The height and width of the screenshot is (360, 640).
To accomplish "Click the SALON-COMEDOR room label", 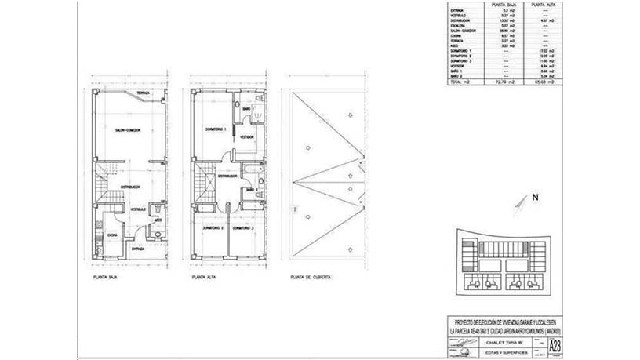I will [127, 130].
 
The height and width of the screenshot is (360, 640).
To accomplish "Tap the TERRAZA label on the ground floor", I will [143, 94].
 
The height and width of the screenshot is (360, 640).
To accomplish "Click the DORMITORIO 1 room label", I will [215, 129].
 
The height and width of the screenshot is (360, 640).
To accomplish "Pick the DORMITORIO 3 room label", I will [247, 228].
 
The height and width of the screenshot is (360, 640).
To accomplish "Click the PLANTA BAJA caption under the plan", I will [104, 277].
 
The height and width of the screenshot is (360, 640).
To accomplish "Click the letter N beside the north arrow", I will [534, 198].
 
